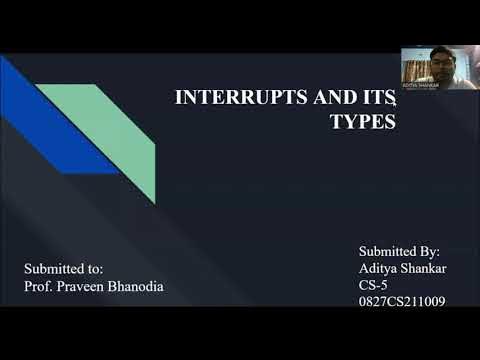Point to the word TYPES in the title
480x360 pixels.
point(362,121)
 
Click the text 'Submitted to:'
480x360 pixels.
point(64,269)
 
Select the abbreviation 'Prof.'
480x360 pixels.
point(39,286)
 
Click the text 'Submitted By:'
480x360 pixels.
point(398,251)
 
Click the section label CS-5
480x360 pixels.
point(372,285)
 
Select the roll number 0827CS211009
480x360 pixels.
point(401,301)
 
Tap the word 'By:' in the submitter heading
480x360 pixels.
point(427,251)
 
